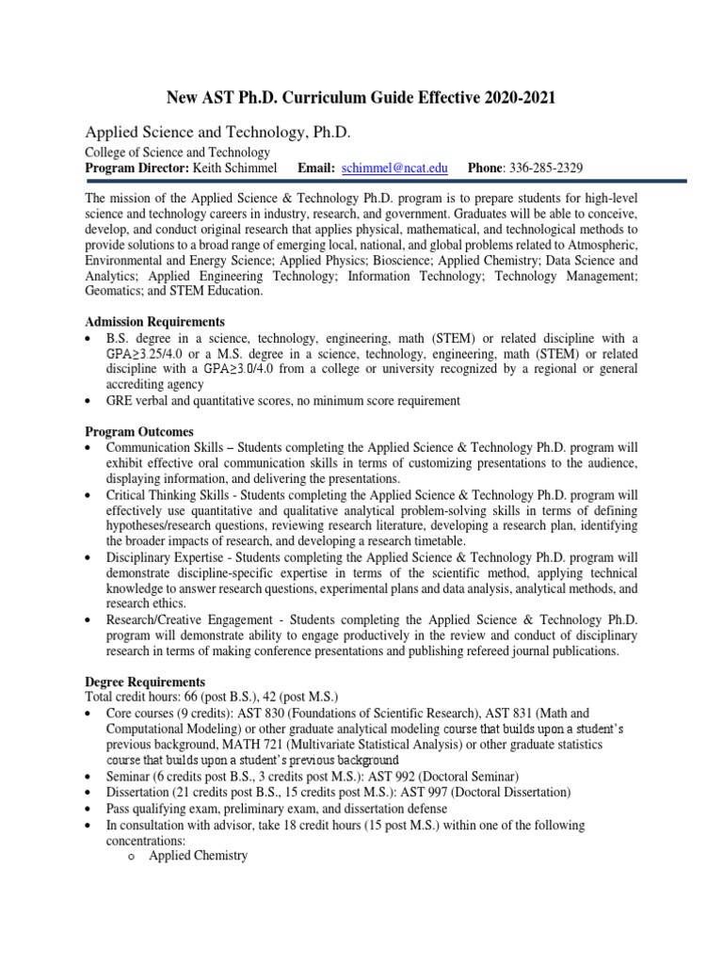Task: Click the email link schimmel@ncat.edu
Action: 394,168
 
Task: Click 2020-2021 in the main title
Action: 512,97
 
